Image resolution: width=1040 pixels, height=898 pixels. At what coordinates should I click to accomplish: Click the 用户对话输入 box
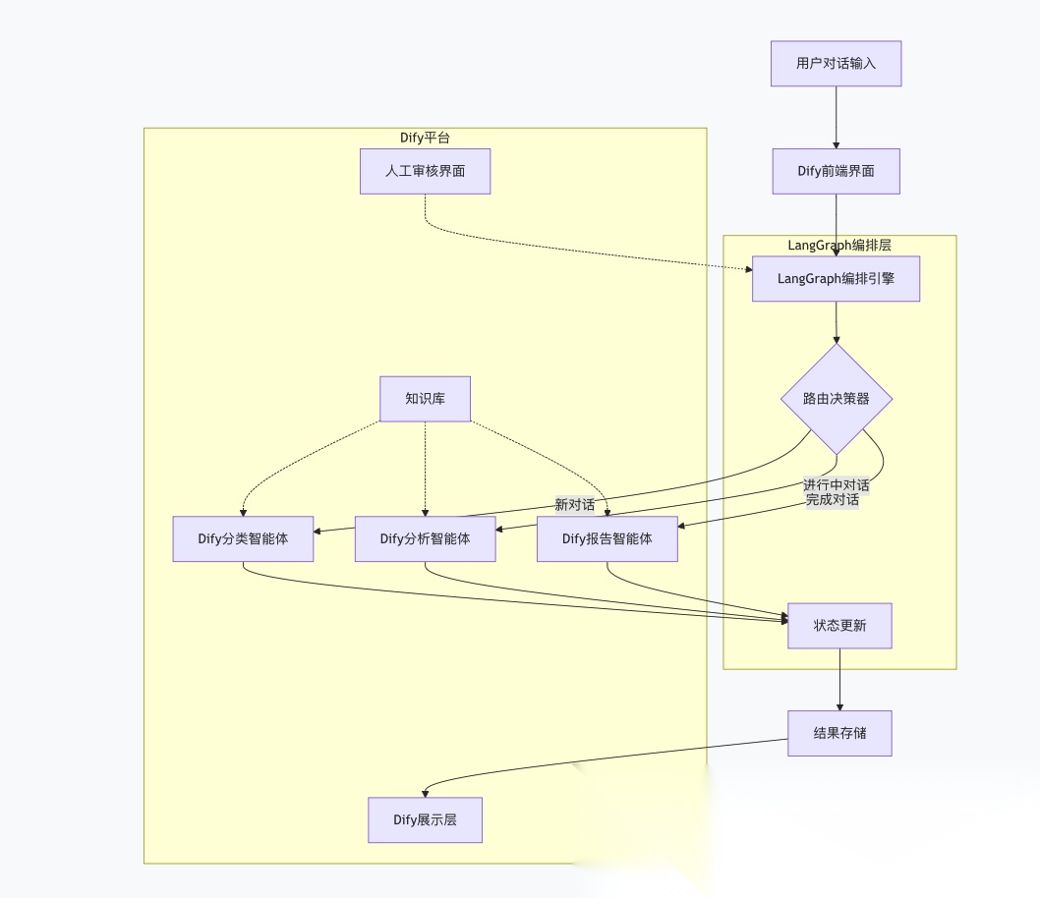(836, 64)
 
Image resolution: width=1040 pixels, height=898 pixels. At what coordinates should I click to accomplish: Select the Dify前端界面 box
(836, 172)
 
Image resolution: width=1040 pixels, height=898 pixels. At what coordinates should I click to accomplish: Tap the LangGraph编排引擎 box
(836, 279)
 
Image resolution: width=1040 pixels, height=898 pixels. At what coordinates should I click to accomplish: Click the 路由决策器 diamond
(837, 399)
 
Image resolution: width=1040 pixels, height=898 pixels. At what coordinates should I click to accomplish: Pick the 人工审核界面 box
(425, 172)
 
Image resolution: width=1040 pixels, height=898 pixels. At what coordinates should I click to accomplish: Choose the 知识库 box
(425, 399)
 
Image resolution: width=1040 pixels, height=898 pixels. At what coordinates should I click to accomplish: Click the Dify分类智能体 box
(243, 538)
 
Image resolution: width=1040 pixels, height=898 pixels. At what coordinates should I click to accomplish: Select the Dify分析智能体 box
(425, 538)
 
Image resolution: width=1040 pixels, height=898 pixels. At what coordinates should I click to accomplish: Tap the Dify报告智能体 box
(607, 538)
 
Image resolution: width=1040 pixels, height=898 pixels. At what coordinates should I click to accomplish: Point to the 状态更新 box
(839, 626)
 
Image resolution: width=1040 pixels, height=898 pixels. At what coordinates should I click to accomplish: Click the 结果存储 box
(839, 733)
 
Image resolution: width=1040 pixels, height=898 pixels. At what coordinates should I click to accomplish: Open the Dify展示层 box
(425, 820)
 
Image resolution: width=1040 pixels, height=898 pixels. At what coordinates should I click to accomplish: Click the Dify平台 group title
(425, 139)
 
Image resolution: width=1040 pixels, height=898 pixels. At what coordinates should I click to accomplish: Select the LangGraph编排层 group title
(839, 246)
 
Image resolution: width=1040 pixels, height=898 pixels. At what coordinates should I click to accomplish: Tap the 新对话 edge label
(575, 505)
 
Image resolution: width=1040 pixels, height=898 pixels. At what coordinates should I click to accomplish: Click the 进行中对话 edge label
(836, 485)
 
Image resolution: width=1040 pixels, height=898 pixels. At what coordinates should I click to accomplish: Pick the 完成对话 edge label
(832, 499)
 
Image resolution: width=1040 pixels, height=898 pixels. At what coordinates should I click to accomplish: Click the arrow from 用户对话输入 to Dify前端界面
(836, 118)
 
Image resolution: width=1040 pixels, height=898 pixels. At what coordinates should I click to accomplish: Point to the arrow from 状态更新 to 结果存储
(839, 680)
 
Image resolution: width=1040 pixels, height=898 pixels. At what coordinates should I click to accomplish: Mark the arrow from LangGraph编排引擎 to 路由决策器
(837, 322)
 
